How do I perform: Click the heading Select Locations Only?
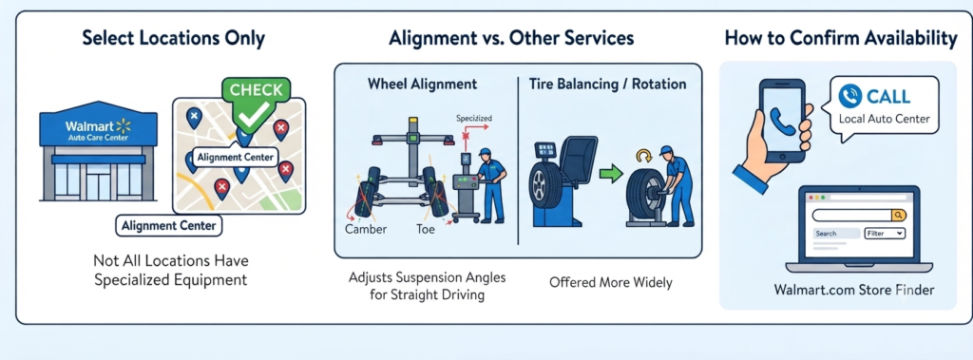(x=173, y=39)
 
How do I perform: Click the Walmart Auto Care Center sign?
(x=98, y=130)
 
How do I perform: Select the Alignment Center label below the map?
(x=169, y=226)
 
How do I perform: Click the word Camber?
(x=366, y=229)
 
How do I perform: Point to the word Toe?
(x=426, y=229)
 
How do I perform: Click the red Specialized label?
(x=474, y=118)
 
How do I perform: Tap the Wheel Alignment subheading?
(x=422, y=84)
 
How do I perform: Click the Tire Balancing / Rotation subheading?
(x=607, y=84)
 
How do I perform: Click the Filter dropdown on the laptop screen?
(x=885, y=234)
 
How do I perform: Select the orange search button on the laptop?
(x=898, y=215)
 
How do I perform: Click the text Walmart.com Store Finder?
(x=854, y=290)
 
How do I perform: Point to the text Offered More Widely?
(x=611, y=282)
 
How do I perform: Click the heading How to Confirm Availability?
(x=841, y=39)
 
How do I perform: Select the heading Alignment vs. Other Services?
(x=511, y=39)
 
